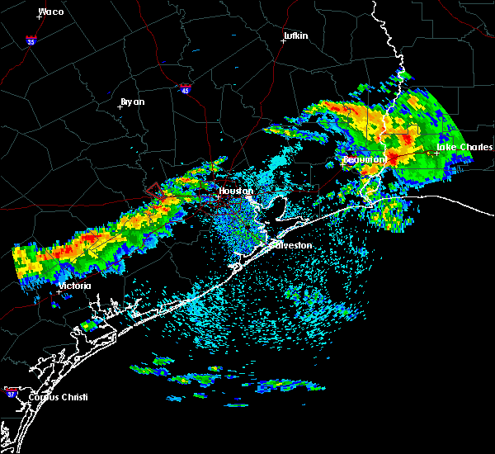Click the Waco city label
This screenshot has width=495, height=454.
point(51,12)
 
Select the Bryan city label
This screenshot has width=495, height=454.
point(132,102)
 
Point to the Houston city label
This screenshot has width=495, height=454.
point(234,191)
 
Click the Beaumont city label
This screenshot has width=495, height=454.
point(364,158)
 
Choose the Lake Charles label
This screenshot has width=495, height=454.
point(464,147)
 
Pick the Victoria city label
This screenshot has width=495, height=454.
point(74,286)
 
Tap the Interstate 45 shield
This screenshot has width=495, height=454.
point(186,86)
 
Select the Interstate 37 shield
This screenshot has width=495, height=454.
point(10,390)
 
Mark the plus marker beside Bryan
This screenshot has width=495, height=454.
point(120,106)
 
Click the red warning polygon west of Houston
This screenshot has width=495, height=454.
point(154,190)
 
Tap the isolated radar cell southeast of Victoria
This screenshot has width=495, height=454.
point(89,325)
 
